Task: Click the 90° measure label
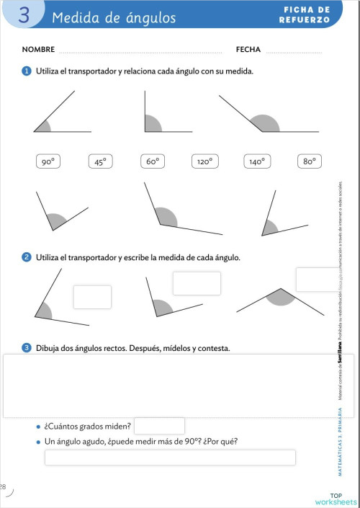tap(48, 162)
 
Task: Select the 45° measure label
tap(100, 162)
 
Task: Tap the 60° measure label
tap(152, 162)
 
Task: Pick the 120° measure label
tap(204, 162)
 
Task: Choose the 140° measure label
tap(257, 162)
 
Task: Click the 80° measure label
tap(310, 162)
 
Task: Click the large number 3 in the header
tap(24, 16)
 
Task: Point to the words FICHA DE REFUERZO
tap(305, 15)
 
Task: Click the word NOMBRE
tap(39, 50)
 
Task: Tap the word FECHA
tap(248, 50)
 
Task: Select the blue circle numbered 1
tap(27, 71)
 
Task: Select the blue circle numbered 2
tap(27, 257)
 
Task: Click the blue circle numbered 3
tap(27, 348)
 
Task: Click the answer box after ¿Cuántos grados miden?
tap(159, 426)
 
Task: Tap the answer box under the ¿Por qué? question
tap(170, 458)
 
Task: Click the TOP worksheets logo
tap(336, 499)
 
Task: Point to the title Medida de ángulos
tap(113, 17)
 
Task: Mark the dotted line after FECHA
tap(294, 52)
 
